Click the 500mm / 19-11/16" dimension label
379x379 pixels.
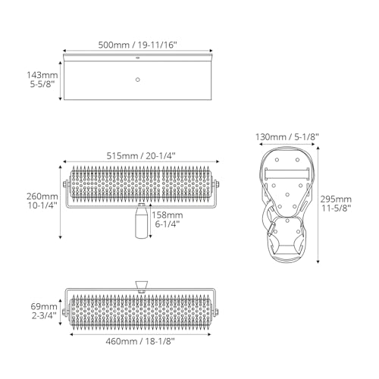click(137, 45)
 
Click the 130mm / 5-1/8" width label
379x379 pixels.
click(287, 136)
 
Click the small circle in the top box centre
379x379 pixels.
click(137, 79)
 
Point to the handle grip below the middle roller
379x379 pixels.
click(141, 223)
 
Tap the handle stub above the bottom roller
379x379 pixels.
click(141, 285)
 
